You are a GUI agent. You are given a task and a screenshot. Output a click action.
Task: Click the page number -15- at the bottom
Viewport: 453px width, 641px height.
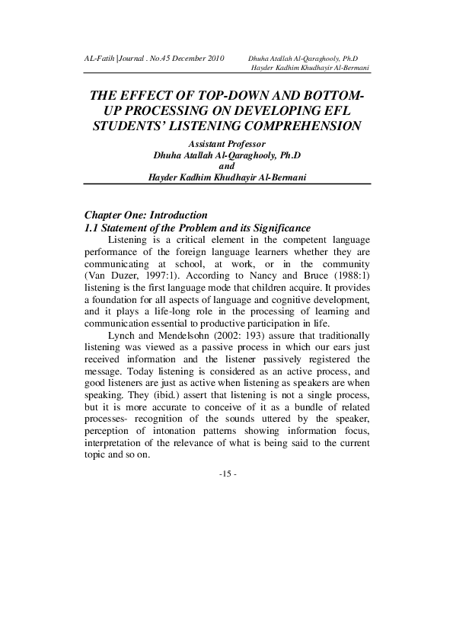tap(227, 474)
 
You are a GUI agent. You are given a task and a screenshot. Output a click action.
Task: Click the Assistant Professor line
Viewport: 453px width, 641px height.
tap(226, 143)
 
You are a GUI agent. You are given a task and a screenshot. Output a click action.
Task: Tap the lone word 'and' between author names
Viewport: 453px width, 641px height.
tap(226, 166)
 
